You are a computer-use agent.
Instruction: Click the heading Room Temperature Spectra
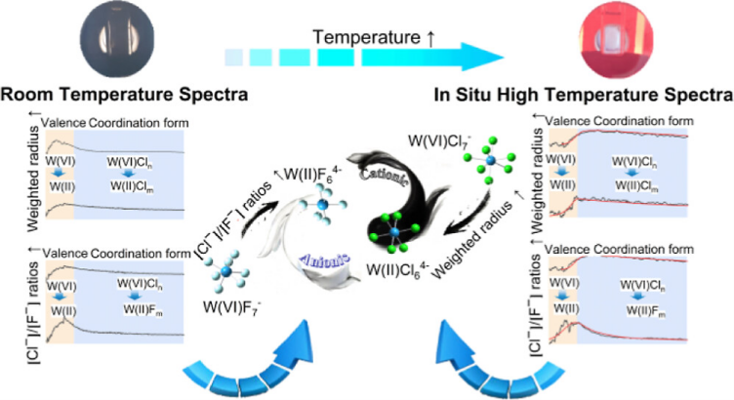[x=123, y=95]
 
